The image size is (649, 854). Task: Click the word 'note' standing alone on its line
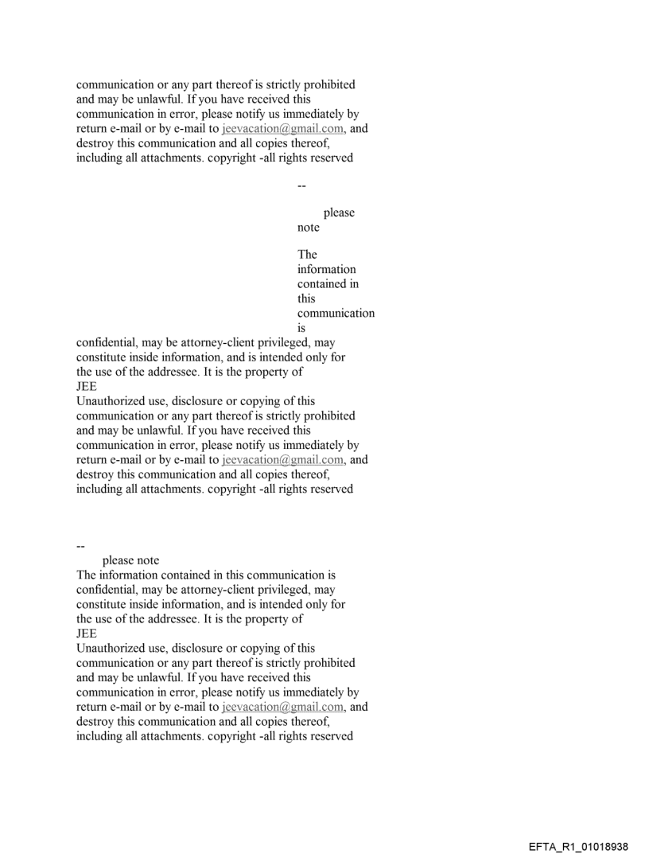(309, 228)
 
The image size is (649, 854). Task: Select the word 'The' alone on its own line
(307, 255)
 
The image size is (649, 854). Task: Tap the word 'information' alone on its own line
(327, 270)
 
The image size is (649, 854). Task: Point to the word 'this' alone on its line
(306, 299)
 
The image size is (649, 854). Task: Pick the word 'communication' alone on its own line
(336, 314)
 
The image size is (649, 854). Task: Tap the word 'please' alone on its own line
(339, 213)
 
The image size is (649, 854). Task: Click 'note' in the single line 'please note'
(148, 560)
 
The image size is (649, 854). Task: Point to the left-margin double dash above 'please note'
(80, 546)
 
